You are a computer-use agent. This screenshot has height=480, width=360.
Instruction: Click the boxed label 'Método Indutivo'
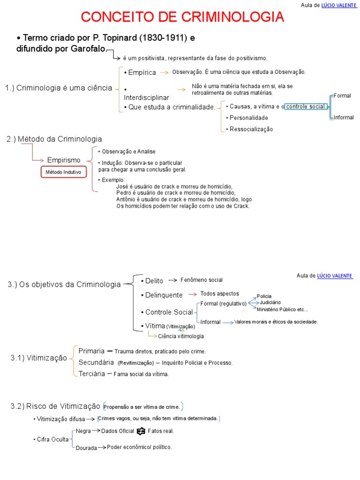(63, 172)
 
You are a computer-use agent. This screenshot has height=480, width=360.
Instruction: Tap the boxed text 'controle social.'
(306, 106)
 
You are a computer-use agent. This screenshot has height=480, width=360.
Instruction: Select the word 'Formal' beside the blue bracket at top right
(342, 96)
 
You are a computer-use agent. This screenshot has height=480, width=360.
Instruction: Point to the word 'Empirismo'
(64, 160)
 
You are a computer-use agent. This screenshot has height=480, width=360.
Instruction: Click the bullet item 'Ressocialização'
(251, 129)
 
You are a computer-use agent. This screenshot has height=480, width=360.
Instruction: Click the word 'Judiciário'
(270, 302)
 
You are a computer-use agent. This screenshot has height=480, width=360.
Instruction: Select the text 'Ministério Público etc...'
(282, 309)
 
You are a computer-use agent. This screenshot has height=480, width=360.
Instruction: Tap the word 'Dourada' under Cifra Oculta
(86, 448)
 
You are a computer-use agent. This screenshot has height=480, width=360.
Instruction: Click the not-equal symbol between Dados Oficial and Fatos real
(141, 431)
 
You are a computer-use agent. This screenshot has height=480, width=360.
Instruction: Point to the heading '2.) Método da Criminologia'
(54, 139)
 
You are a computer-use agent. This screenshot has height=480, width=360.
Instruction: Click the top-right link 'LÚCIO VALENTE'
(339, 5)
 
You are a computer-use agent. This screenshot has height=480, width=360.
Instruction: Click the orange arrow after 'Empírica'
(164, 73)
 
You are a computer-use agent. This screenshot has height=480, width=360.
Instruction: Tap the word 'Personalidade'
(248, 118)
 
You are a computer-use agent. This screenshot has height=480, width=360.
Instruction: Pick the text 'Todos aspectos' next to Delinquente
(219, 294)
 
